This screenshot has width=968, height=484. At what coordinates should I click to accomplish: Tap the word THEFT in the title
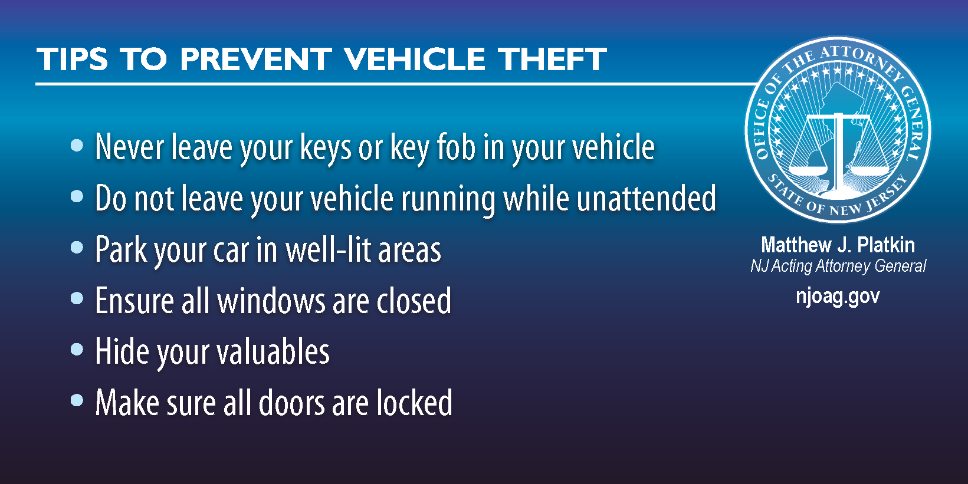(x=552, y=59)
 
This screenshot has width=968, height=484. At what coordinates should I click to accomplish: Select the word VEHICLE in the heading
(x=415, y=59)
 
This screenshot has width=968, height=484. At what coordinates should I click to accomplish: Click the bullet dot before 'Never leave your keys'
(x=77, y=146)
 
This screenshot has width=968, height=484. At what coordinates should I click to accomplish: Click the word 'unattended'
(x=647, y=198)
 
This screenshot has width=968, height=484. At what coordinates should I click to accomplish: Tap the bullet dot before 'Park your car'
(x=77, y=248)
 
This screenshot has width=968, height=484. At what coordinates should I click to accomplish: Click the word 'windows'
(x=271, y=301)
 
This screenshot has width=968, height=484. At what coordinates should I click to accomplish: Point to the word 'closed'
(x=414, y=301)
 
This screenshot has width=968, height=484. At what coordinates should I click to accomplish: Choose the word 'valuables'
(x=273, y=351)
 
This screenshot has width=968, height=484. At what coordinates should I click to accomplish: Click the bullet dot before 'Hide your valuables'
(x=77, y=349)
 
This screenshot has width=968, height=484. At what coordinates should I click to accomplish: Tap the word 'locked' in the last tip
(x=415, y=403)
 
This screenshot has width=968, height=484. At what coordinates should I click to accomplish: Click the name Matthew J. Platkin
(x=838, y=245)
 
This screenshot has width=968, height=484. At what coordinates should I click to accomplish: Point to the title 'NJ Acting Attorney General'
(x=838, y=265)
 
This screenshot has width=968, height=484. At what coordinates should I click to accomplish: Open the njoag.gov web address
(x=838, y=297)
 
